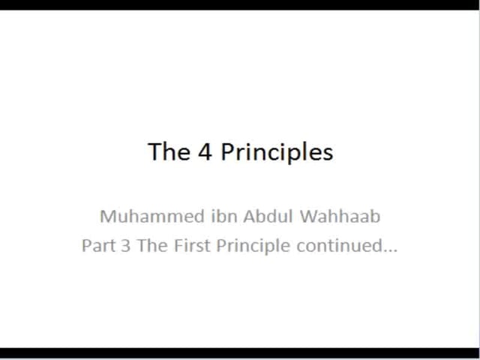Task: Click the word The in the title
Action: pyautogui.click(x=169, y=151)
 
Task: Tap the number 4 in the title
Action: pyautogui.click(x=205, y=151)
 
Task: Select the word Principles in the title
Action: pyautogui.click(x=277, y=153)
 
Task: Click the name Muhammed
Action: pyautogui.click(x=152, y=216)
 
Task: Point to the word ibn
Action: pyautogui.click(x=224, y=216)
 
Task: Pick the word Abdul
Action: pyautogui.click(x=268, y=216)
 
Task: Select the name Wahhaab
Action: pyautogui.click(x=340, y=216)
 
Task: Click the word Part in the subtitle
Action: pyautogui.click(x=98, y=245)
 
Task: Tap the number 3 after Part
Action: pyautogui.click(x=125, y=245)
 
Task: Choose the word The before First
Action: pyautogui.click(x=152, y=245)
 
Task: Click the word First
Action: pyautogui.click(x=192, y=245)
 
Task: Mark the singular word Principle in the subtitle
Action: pyautogui.click(x=253, y=247)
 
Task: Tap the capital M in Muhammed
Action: pyautogui.click(x=108, y=216)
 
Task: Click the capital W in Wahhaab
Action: pyautogui.click(x=310, y=216)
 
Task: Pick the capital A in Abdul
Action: pyautogui.click(x=250, y=216)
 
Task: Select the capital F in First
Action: pyautogui.click(x=178, y=245)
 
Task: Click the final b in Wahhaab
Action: pyautogui.click(x=375, y=216)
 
